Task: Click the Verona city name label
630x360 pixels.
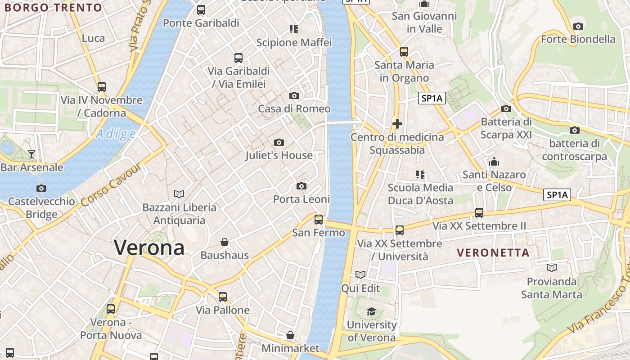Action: pos(149,247)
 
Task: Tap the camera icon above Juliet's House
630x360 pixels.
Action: pos(279,143)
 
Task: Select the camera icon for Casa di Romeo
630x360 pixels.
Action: pos(294,95)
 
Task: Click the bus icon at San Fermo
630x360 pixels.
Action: pos(319,219)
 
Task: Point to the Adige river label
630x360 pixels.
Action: pos(116,134)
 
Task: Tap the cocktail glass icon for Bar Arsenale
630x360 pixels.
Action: pos(31,154)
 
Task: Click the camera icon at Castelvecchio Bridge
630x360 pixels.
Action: pos(41,188)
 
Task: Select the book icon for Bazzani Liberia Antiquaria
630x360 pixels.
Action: pos(179,194)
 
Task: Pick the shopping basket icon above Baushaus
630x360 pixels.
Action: pos(225,242)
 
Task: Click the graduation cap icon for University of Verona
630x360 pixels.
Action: pos(371,311)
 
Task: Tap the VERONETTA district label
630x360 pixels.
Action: pos(493,253)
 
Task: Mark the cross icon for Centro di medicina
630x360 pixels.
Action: pos(397,124)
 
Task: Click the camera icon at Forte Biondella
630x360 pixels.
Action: pos(578,26)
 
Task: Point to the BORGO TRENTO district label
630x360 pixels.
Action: pos(53,8)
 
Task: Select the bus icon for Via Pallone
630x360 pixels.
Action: pos(223,297)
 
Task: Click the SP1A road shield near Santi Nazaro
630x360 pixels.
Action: pos(557,195)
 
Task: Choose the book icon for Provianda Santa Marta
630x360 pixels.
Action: pos(552,268)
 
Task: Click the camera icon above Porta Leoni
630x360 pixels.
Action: pos(301,186)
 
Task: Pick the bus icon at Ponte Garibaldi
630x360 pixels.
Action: pos(201,10)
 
